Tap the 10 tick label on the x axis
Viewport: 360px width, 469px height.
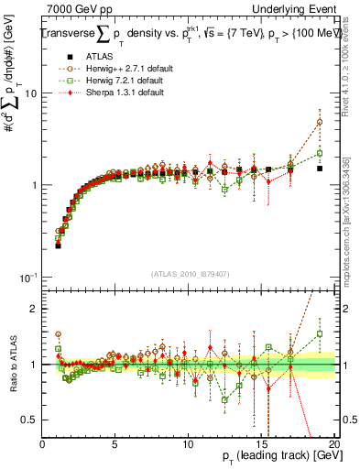coord(188,443)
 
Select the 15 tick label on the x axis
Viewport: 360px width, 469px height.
coord(260,443)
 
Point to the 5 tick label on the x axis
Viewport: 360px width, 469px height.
coord(115,443)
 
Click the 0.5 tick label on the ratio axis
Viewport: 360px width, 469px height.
coord(29,420)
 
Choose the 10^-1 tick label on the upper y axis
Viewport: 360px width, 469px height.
coord(26,278)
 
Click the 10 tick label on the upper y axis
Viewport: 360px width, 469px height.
coord(29,93)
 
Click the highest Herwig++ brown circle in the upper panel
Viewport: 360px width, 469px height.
coord(320,122)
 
